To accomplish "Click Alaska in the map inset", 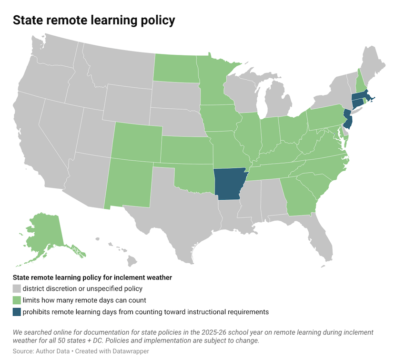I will coord(46,234).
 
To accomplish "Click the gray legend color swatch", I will coord(17,289).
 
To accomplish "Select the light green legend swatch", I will coord(17,300).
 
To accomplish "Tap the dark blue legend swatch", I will coord(17,312).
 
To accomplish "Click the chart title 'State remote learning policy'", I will coord(94,20).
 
